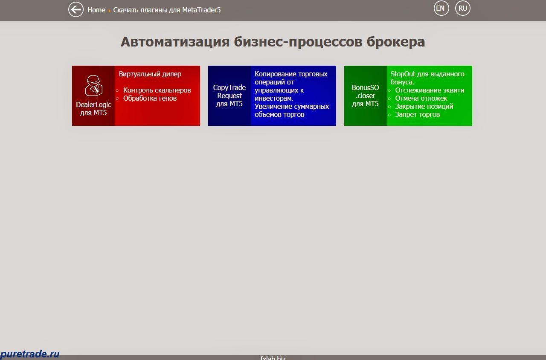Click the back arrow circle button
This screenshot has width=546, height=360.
point(76,9)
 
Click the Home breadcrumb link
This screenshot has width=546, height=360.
point(96,10)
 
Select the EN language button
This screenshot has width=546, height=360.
point(441,8)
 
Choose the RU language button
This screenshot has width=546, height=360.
point(462,8)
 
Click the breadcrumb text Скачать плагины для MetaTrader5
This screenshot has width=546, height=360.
point(167,10)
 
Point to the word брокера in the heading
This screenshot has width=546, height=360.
point(396,42)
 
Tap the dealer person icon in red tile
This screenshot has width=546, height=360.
point(93,86)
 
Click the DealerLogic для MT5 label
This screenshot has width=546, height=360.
point(93,108)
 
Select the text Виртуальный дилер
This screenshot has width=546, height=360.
point(150,74)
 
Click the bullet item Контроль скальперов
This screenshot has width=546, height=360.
point(157,90)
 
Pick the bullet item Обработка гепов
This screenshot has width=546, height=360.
point(150,98)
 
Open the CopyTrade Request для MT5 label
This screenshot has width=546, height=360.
point(229,96)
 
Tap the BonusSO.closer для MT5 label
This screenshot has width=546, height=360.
point(365,96)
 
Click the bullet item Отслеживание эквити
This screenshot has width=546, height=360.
point(429,90)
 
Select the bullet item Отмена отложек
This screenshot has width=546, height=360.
point(421,98)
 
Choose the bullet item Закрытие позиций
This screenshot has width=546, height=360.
point(424,106)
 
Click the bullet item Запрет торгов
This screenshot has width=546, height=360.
point(417,114)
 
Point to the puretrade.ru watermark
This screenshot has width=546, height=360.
point(30,354)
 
